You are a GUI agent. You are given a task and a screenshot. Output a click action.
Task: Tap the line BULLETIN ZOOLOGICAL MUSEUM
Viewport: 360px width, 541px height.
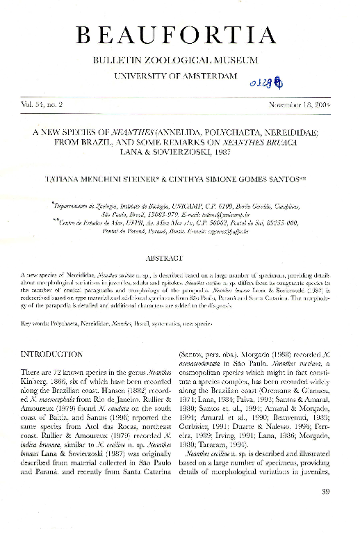point(179,60)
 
